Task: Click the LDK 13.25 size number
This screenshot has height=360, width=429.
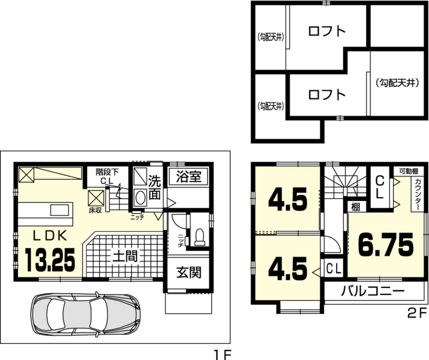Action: pos(50,260)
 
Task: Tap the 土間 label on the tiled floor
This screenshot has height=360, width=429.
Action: pos(125,256)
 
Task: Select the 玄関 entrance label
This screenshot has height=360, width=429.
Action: pos(189,272)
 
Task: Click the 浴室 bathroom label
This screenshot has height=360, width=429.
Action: pos(189,176)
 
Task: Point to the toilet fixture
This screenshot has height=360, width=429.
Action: pos(199,237)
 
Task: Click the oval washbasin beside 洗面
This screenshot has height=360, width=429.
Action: pos(140,197)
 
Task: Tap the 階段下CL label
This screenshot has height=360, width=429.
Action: pos(107,177)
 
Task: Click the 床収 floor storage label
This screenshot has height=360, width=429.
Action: pos(95,211)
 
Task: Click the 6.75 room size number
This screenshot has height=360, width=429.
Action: pos(386,245)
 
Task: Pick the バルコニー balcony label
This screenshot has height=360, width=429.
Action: pos(372,291)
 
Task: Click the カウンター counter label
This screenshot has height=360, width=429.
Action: pos(418,194)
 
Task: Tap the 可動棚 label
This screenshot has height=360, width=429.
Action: pos(409,171)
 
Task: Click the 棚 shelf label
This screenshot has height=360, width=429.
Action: pos(355,207)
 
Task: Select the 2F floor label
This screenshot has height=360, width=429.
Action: pos(417,313)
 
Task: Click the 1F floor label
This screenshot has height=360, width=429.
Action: pos(222,355)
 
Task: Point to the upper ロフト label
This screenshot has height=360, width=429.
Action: pos(327,31)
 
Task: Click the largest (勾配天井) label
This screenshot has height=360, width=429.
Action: pos(397,83)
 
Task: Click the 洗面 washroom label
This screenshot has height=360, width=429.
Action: pos(154,187)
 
